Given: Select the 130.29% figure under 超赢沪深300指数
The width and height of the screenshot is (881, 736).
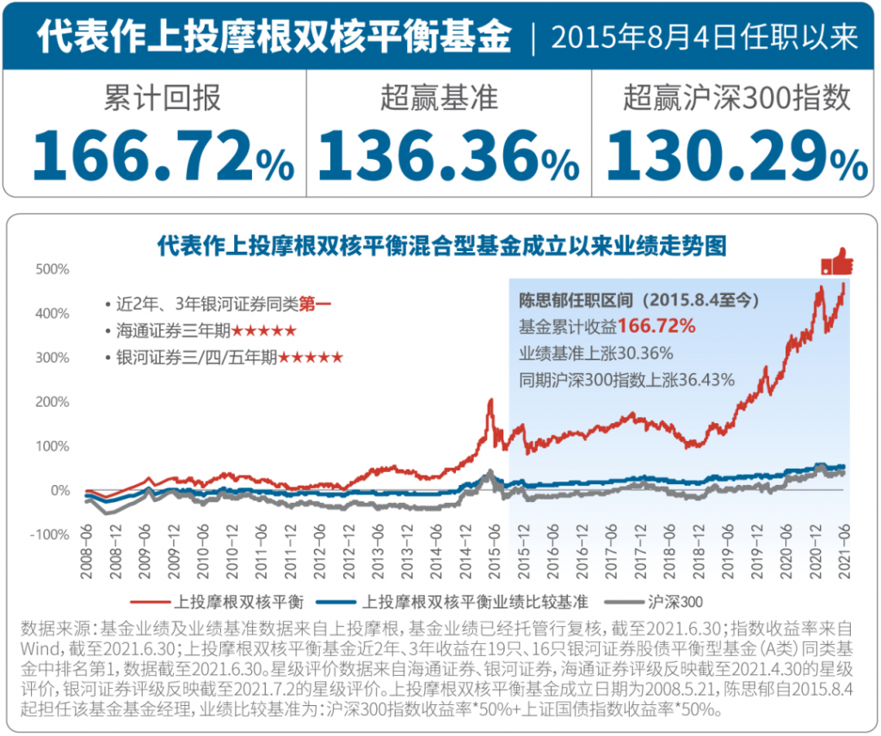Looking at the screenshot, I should click(x=736, y=155).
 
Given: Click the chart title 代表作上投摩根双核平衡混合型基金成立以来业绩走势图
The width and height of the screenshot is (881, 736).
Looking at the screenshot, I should click(x=441, y=247).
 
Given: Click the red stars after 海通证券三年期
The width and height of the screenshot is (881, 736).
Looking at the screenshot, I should click(x=264, y=330).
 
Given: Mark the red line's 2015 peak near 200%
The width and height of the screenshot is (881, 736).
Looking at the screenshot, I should click(x=490, y=401).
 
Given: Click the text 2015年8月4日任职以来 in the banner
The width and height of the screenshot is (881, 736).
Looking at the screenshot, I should click(x=704, y=37).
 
